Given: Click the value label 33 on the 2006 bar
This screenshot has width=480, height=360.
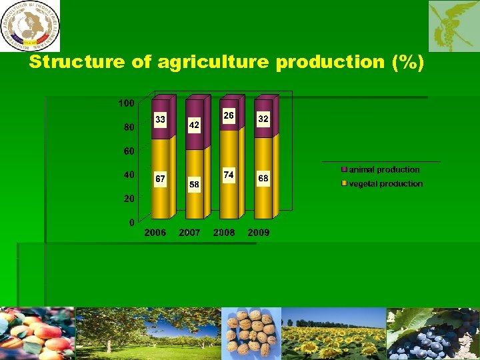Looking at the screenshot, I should coord(160,119).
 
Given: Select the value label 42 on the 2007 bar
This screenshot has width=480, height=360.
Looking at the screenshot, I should coord(194,125).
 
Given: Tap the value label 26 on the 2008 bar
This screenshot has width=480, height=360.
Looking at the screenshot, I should coord(229,115).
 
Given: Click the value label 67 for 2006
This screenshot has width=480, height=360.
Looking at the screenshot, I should coord(160,179).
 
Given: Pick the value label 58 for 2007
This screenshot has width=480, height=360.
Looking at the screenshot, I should coord(194,183).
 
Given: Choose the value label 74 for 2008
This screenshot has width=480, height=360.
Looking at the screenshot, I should coord(229,174).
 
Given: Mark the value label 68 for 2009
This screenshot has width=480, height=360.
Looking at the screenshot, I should coord(263,179).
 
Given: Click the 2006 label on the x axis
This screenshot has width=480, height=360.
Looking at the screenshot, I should coord(155,233).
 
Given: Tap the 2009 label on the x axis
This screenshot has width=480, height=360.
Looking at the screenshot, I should coord(259,233).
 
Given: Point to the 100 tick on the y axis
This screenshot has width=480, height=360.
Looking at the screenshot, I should coord(126,103).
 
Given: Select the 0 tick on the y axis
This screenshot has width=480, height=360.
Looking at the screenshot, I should coord(131,222).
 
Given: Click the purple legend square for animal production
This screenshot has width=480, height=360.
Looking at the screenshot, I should coord(345,170).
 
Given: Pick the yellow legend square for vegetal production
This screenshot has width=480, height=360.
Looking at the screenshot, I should coord(345,183).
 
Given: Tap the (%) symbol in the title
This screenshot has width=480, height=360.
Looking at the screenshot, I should coord(408,63).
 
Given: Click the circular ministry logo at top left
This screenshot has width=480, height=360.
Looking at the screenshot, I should coord(30,25).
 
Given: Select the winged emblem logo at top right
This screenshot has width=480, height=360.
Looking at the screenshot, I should coord(454,26).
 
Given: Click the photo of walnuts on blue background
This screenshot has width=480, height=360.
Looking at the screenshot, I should coord(251,333).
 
